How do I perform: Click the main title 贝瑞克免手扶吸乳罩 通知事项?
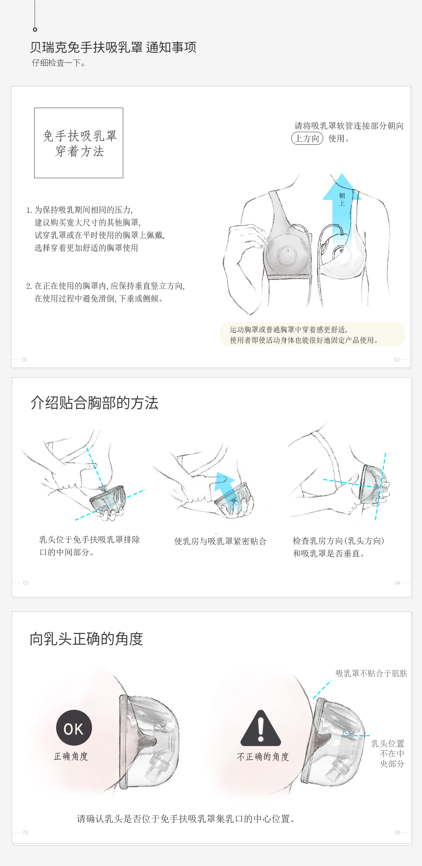click(113, 47)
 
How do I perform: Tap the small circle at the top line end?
click(35, 30)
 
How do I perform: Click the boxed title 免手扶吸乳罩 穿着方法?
click(79, 143)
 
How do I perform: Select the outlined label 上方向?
click(307, 138)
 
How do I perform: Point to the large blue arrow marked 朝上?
click(342, 211)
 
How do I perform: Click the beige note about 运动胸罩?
click(312, 334)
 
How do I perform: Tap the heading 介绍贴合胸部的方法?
click(95, 403)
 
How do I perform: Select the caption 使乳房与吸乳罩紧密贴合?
click(221, 541)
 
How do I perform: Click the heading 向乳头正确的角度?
click(87, 639)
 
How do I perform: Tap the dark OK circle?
click(74, 728)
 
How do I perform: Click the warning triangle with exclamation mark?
click(261, 728)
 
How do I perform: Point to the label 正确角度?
click(71, 756)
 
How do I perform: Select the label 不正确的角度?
click(263, 757)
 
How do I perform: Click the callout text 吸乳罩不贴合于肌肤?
click(371, 673)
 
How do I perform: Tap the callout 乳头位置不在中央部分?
click(388, 754)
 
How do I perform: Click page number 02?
click(397, 360)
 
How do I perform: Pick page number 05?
click(26, 833)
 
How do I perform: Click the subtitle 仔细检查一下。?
click(59, 63)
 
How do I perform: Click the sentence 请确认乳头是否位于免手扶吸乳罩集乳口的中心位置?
click(186, 819)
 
